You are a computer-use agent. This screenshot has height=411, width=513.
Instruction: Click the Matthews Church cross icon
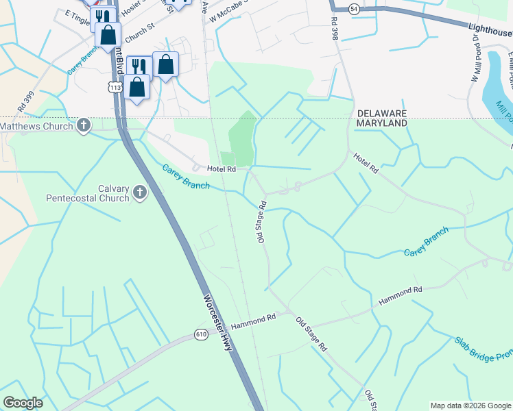(x=84, y=125)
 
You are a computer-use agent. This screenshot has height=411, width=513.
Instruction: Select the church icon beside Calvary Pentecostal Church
(x=139, y=192)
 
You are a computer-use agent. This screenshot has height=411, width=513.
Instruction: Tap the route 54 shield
(x=353, y=9)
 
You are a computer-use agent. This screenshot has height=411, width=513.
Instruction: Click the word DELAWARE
(x=381, y=113)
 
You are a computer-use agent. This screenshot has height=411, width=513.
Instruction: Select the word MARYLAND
(x=381, y=123)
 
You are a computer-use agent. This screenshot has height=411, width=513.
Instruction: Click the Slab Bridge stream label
(x=483, y=350)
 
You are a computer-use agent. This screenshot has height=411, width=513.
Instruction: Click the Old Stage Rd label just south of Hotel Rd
(x=261, y=223)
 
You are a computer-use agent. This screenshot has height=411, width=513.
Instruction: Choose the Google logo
(x=23, y=403)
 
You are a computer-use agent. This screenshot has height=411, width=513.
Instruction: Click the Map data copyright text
(x=470, y=406)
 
